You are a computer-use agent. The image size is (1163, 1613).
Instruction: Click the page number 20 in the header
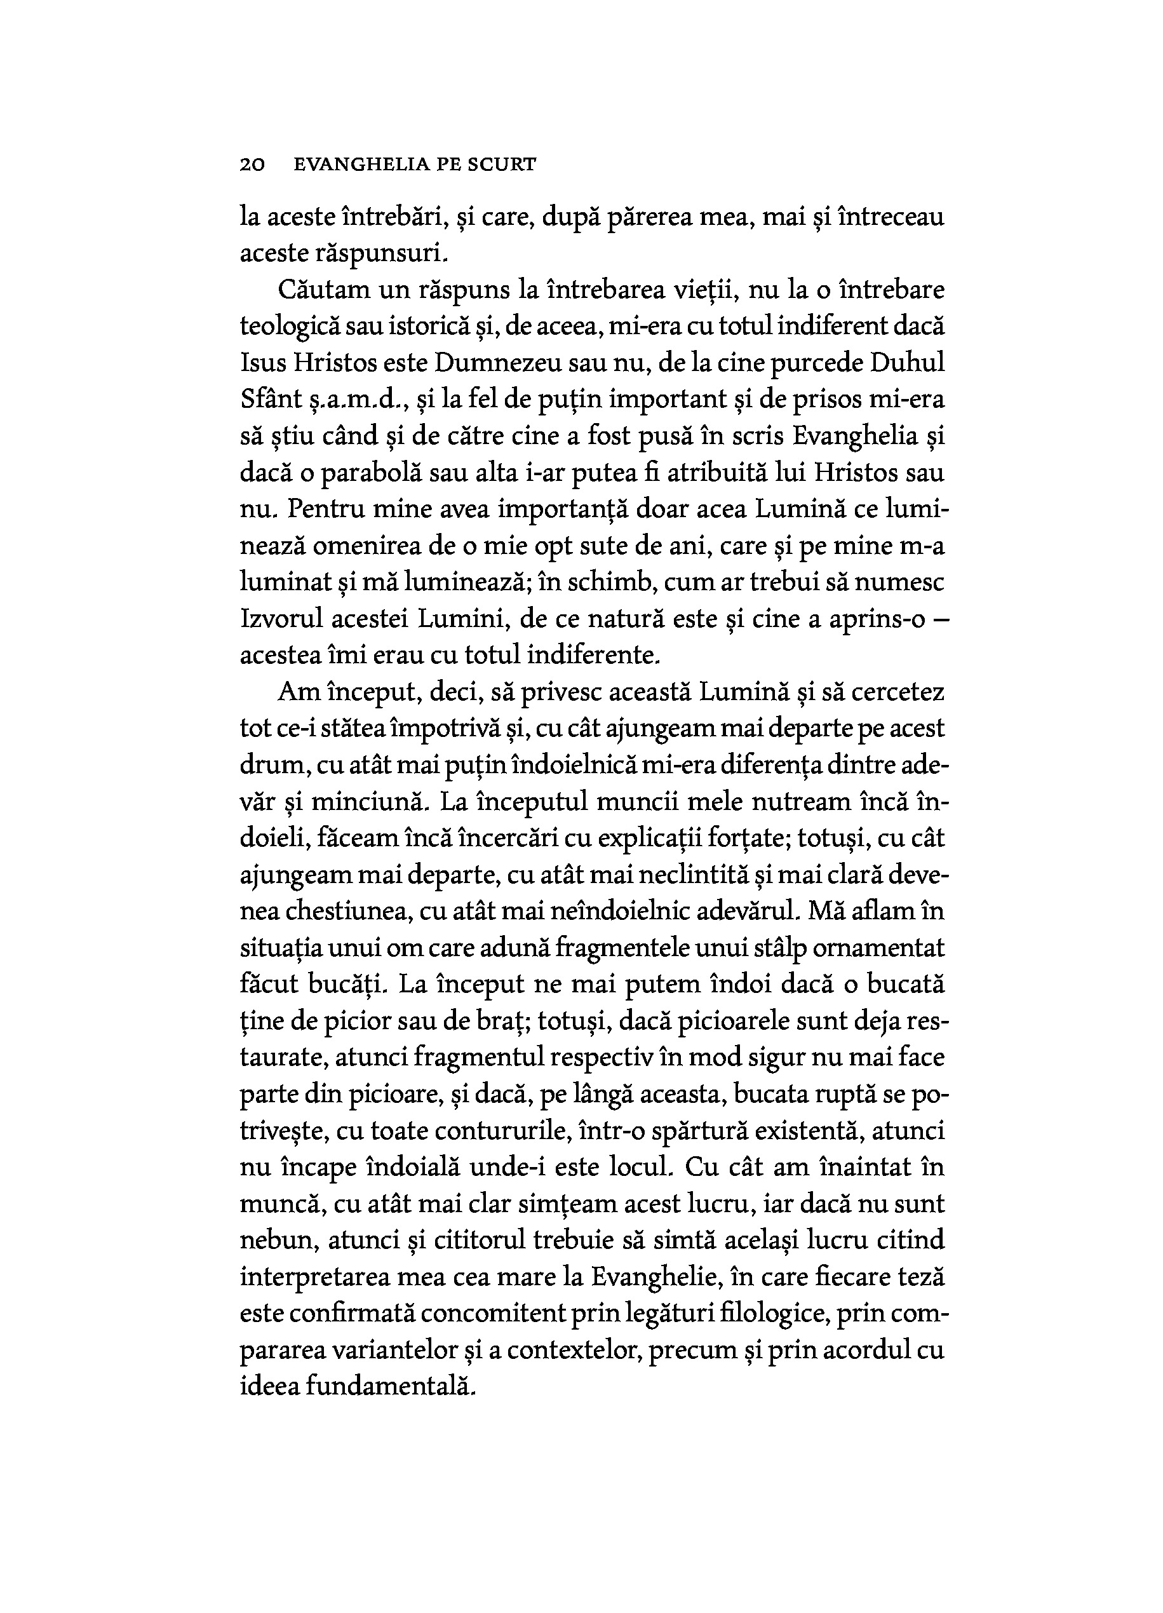(252, 165)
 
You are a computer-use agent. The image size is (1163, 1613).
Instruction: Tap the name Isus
(262, 363)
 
